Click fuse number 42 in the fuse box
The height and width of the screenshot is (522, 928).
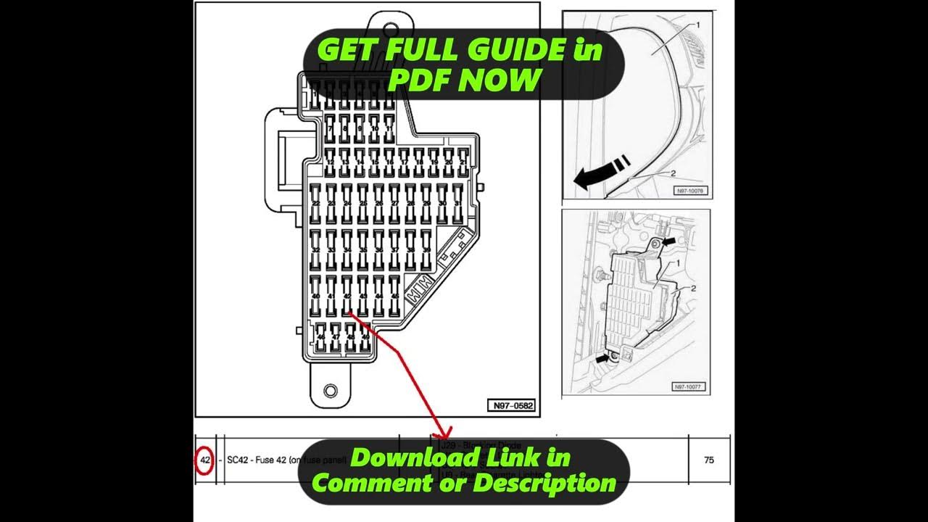click(347, 296)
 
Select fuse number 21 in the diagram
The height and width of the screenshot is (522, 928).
click(458, 162)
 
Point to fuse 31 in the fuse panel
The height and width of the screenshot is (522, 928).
click(458, 203)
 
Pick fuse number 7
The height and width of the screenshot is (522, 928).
click(331, 128)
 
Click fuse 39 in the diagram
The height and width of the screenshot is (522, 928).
click(426, 249)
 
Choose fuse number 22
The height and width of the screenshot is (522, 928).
click(316, 203)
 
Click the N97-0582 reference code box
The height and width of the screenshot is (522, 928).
click(511, 406)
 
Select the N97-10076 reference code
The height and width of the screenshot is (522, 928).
click(690, 191)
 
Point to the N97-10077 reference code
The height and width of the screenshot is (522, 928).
click(689, 387)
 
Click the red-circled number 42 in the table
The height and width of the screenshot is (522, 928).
click(204, 460)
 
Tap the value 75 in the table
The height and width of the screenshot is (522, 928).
click(709, 460)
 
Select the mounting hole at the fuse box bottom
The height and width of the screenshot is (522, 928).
click(331, 391)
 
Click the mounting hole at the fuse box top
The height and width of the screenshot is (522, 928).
click(390, 30)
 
